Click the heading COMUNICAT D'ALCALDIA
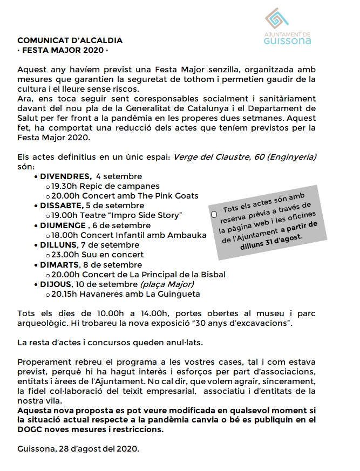click(x=70, y=40)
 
